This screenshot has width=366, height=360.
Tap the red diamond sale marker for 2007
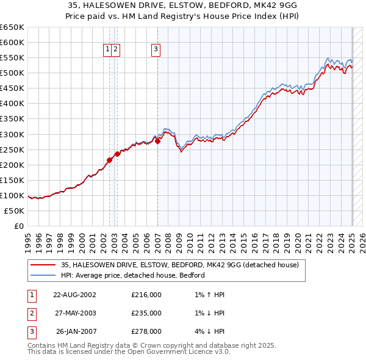(x=157, y=141)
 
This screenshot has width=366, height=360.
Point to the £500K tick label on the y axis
(x=12, y=73)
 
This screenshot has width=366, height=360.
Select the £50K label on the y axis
(x=15, y=211)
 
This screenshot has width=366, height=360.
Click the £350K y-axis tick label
(x=12, y=119)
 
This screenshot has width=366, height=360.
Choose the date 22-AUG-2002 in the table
(x=74, y=295)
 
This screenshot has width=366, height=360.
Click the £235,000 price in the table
(x=146, y=313)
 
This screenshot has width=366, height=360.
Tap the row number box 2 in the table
(x=31, y=313)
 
